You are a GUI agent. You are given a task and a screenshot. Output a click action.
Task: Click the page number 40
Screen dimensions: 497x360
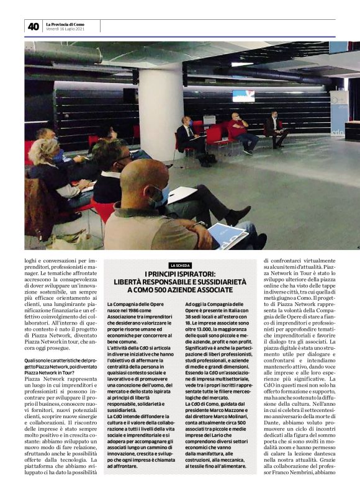[x=33, y=26]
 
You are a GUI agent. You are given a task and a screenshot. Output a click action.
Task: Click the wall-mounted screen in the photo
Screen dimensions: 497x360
[x=243, y=96]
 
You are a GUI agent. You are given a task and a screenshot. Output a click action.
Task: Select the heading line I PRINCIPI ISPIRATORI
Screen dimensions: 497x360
[x=180, y=274]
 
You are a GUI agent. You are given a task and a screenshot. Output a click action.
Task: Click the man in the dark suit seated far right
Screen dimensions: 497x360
[x=274, y=127]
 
